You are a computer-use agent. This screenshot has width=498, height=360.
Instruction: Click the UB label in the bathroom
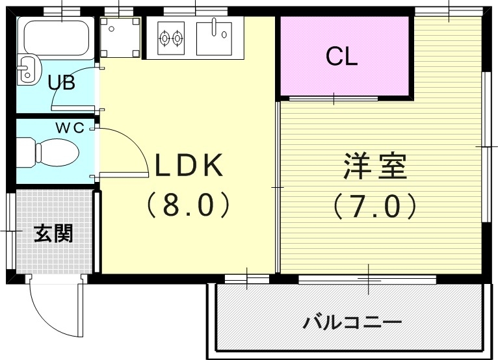click(62, 83)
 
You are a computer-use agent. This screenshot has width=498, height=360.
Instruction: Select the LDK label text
click(188, 166)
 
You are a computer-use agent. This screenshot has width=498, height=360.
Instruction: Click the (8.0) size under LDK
click(188, 205)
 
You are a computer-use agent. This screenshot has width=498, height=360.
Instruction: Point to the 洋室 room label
click(375, 167)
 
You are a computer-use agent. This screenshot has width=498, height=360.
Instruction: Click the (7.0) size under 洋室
click(375, 206)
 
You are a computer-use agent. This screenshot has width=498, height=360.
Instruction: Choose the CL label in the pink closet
click(341, 58)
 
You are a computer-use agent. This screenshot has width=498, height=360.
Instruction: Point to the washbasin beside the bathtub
click(27, 70)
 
